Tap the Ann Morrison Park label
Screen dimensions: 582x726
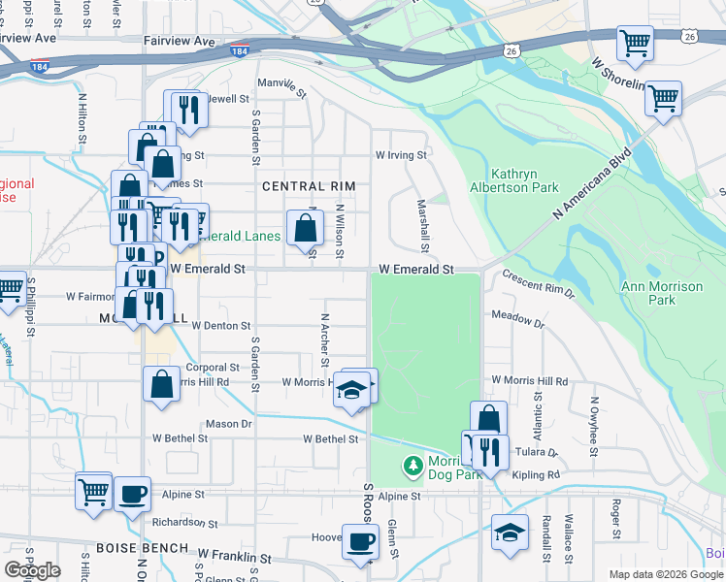662,293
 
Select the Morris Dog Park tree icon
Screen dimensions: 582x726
412,468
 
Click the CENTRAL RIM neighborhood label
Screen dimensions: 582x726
310,185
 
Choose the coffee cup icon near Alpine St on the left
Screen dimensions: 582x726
133,493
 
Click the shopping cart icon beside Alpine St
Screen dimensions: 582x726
93,491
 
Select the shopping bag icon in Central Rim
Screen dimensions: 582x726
305,229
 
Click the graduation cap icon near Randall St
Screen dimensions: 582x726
510,533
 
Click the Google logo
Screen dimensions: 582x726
32,570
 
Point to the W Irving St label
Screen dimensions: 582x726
401,155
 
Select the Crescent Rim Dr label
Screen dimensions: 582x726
538,283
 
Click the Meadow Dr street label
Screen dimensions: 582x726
517,317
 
